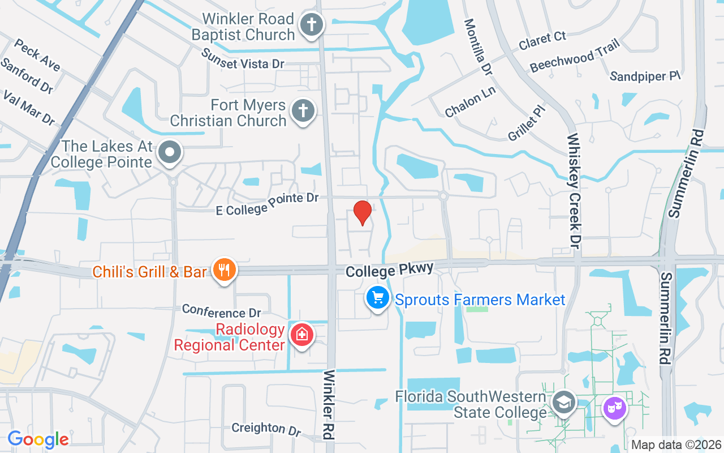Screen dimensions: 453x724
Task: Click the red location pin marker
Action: click(x=362, y=213)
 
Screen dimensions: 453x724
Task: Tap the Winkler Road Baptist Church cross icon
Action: click(x=311, y=25)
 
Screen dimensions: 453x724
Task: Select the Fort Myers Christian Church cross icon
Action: click(x=303, y=111)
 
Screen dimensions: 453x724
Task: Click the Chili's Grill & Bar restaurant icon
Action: click(x=225, y=270)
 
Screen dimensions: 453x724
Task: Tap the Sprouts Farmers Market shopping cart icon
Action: click(x=377, y=297)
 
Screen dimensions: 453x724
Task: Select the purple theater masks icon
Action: click(x=614, y=408)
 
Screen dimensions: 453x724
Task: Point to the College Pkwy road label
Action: click(x=390, y=270)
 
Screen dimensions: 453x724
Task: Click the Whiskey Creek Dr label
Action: click(x=574, y=191)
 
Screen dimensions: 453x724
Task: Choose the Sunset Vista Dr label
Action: click(x=243, y=58)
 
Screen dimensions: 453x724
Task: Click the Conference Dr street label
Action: click(x=222, y=311)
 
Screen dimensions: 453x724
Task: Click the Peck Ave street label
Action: click(x=37, y=55)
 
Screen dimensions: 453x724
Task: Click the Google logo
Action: click(x=38, y=439)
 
